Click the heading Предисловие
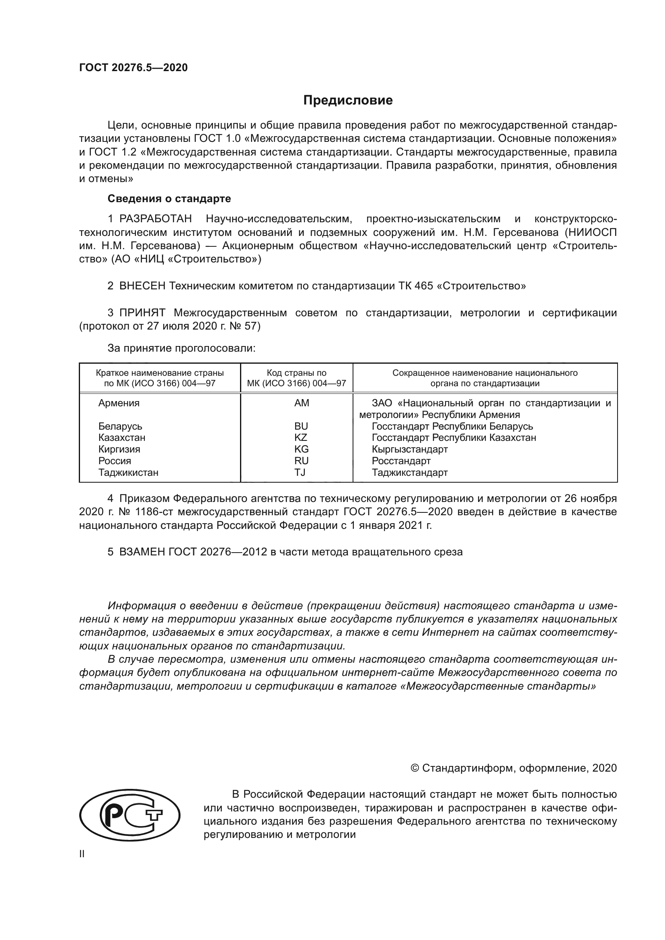348,100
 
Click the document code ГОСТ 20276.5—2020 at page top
133,68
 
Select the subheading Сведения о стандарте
169,199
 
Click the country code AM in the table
302,403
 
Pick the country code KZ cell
301,437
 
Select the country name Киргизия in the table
119,449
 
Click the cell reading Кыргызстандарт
409,449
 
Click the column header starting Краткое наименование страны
160,378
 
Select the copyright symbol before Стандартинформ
415,768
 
